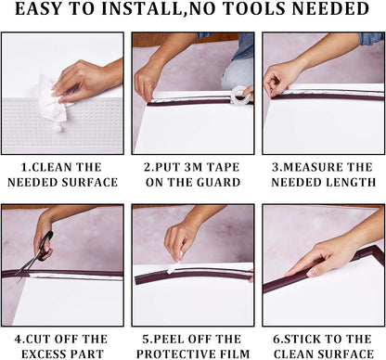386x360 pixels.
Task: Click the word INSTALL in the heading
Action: click(x=141, y=8)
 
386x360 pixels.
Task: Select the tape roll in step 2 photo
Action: click(x=242, y=96)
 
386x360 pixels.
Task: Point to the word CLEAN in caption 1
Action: click(x=52, y=167)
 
